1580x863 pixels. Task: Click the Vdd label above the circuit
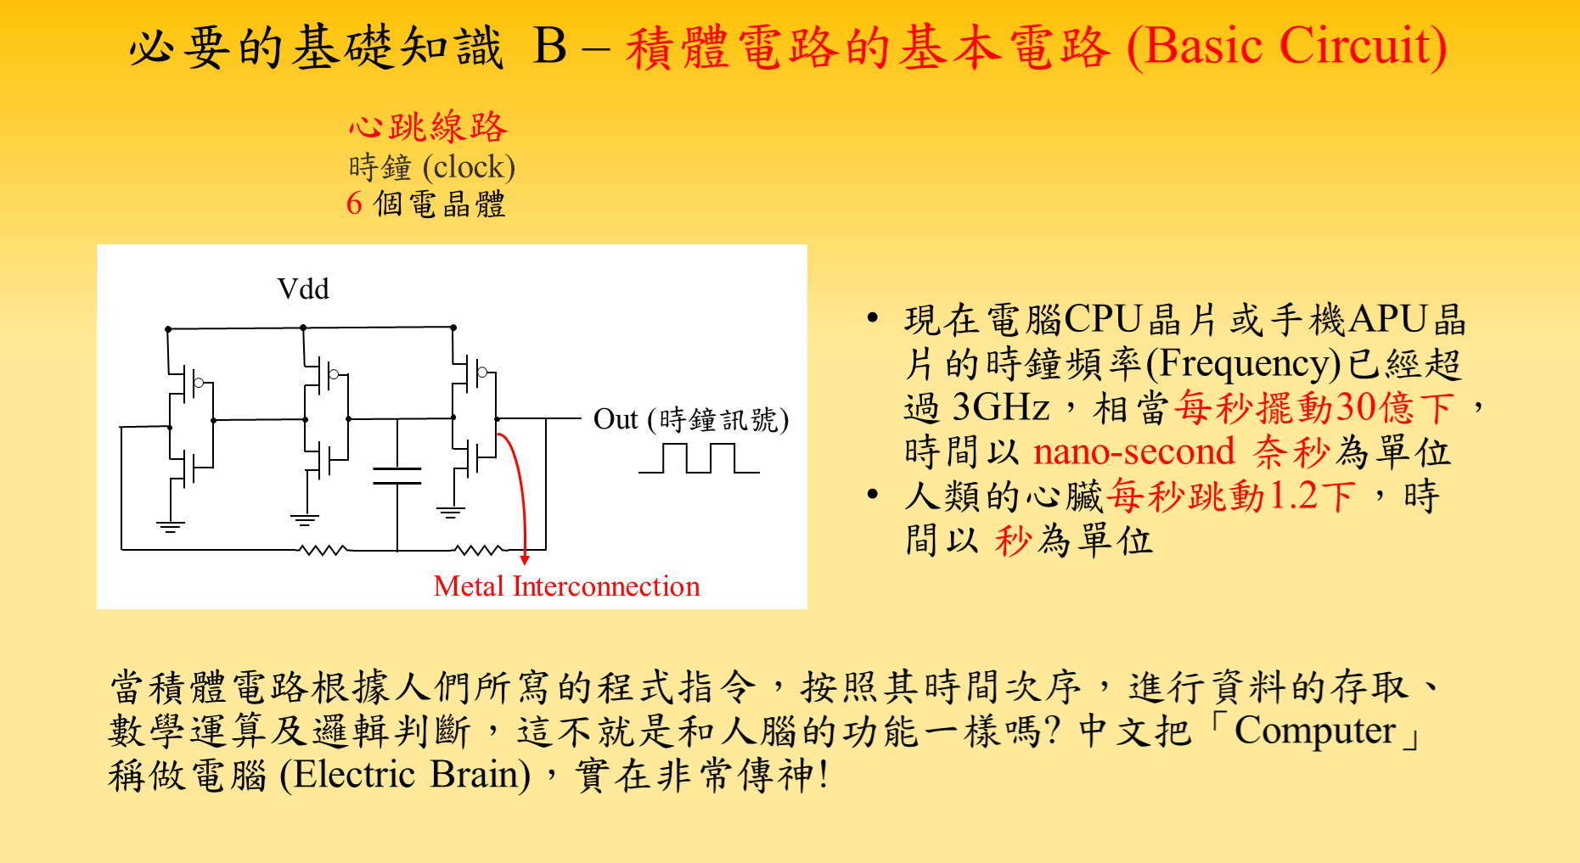(x=303, y=289)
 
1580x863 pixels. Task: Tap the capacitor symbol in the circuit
(x=397, y=475)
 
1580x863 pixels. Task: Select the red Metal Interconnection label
(x=566, y=586)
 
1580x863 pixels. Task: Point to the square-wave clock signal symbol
(x=699, y=458)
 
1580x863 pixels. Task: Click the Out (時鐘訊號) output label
(x=691, y=419)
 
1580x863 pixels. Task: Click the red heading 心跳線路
(x=428, y=127)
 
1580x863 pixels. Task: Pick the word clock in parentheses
(x=469, y=167)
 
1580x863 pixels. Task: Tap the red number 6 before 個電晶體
(x=355, y=204)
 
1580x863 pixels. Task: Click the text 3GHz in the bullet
(x=1001, y=407)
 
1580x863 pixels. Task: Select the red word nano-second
(x=1133, y=451)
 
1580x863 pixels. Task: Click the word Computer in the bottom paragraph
(x=1314, y=731)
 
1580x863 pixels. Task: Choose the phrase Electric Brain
(x=406, y=775)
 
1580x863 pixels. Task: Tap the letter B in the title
(x=550, y=46)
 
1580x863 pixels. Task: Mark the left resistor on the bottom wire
(x=323, y=551)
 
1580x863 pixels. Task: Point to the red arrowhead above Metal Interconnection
(x=525, y=559)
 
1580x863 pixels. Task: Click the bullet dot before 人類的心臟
(x=873, y=495)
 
